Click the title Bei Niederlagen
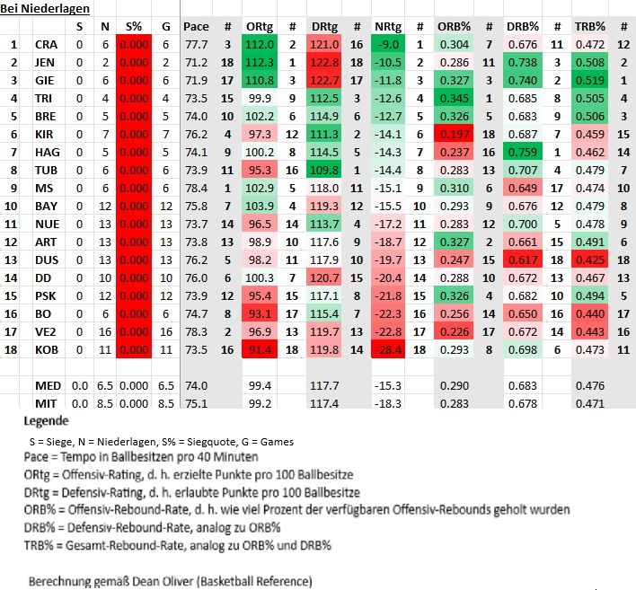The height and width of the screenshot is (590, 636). point(44,8)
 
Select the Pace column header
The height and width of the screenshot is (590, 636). point(196,26)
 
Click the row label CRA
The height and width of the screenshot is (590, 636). point(46,44)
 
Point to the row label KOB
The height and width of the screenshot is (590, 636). point(46,348)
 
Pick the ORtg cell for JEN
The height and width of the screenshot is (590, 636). point(259,62)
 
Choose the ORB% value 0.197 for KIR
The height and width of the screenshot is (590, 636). point(453,134)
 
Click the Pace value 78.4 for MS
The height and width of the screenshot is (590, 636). point(196,188)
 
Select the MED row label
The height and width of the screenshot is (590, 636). point(48,385)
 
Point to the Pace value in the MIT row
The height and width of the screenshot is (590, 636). point(196,403)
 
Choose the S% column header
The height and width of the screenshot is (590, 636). point(133,26)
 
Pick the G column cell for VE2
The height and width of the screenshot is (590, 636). point(165,330)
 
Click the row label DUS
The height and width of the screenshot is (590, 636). point(46,260)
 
